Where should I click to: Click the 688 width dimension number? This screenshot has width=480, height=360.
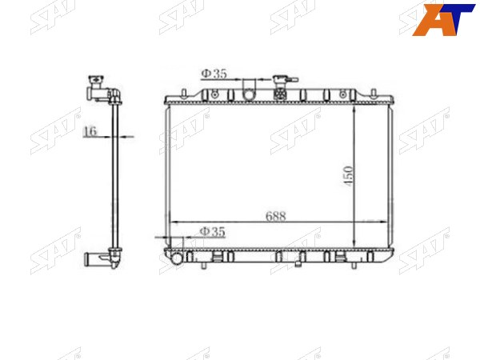275,216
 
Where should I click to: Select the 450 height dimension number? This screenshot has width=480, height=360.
348,176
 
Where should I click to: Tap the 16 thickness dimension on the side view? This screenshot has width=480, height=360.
90,131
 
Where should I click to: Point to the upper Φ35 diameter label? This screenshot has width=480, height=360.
214,74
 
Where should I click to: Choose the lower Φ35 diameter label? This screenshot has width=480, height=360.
213,231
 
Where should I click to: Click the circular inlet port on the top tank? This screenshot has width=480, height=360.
249,95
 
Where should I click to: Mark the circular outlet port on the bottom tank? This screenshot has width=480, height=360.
178,258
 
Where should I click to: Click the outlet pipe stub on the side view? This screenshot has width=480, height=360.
91,258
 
